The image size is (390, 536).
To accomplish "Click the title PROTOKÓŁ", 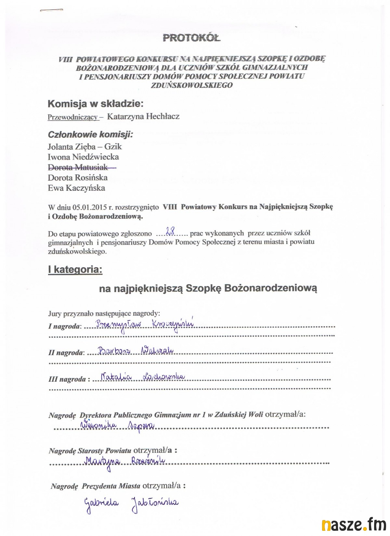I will coord(191,38).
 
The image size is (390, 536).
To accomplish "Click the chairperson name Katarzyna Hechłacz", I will coord(143,116).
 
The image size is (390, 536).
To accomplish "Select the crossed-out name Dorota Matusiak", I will coord(78,167).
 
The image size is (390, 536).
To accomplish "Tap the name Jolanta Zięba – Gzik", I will coord(85,147).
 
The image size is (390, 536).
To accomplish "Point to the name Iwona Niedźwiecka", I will coord(83,157).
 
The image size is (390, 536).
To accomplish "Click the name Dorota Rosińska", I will coord(78,178).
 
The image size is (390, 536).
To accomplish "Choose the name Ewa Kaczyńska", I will coord(76,188).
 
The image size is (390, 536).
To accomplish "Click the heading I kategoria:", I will coord(75,269).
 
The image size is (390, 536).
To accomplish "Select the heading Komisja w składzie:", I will coord(96,104).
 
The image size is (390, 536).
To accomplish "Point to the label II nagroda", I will coord(66,353).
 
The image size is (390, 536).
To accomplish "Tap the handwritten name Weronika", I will coord(100,425).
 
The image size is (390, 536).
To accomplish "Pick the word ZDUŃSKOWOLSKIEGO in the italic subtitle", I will coord(192,85).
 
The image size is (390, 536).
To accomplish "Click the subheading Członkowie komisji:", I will coord(90,134).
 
